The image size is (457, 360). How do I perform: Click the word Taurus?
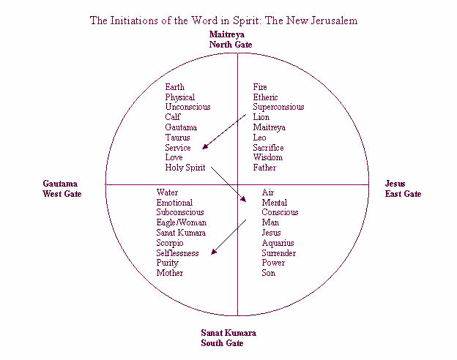tap(178, 138)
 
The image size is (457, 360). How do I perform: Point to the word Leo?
tap(261, 138)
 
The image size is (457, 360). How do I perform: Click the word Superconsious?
tap(279, 107)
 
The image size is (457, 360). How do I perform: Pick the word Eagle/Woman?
tap(182, 222)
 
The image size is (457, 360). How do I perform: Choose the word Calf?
tap(173, 117)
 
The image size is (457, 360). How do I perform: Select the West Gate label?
tap(62, 194)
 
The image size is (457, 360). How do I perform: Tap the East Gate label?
tap(404, 194)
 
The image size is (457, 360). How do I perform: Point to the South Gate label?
tap(222, 342)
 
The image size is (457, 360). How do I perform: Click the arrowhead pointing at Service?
tap(206, 146)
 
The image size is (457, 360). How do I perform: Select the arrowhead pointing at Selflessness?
tap(214, 252)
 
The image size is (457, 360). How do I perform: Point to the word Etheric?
tap(266, 97)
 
